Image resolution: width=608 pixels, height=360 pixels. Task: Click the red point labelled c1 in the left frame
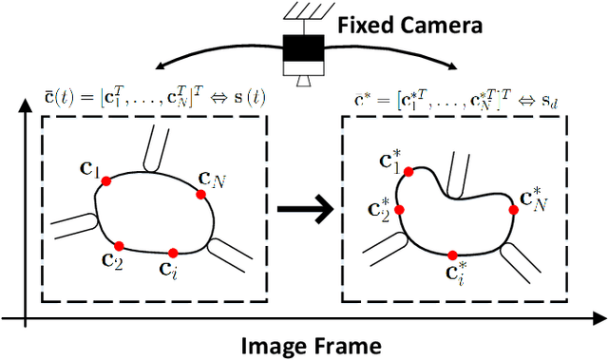(105, 180)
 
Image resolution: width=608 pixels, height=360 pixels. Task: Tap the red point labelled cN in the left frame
(201, 194)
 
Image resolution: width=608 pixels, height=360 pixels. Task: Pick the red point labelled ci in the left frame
(172, 253)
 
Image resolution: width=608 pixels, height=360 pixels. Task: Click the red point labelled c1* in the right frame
(409, 172)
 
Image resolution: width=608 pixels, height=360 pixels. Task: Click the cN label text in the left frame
(210, 177)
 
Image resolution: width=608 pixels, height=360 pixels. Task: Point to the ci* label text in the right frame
(456, 275)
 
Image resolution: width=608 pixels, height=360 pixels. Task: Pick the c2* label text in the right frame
(380, 208)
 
